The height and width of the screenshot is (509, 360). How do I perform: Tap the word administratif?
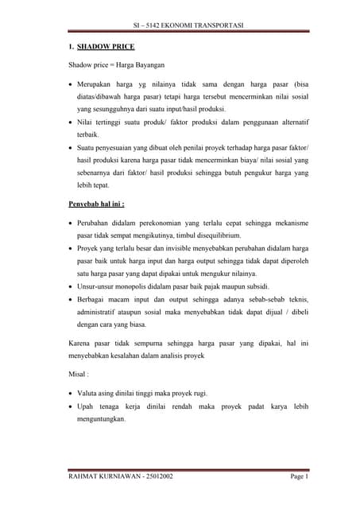tap(99, 313)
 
